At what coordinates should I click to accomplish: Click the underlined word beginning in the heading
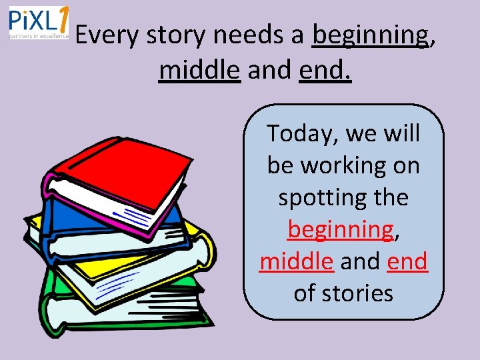coord(371,35)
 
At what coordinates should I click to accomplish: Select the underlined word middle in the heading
coord(199,69)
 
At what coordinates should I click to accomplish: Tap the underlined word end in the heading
coord(325,69)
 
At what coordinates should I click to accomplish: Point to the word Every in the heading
coord(109,35)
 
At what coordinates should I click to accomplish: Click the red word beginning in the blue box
coord(341,229)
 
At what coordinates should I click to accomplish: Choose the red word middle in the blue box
coord(296,261)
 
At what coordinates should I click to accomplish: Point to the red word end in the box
coord(407,261)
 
